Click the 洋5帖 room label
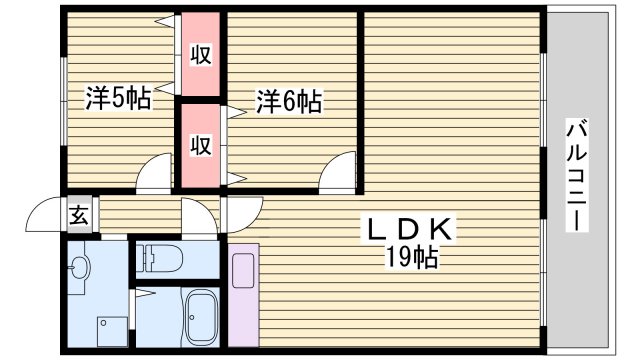tap(118, 98)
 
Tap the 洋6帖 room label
tap(288, 100)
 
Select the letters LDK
tap(410, 230)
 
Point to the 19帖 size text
tap(412, 258)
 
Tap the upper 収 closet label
tap(201, 56)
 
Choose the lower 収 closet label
tap(201, 146)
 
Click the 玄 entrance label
tap(78, 214)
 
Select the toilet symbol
tap(160, 258)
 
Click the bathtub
tap(204, 316)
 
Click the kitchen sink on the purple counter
tap(243, 271)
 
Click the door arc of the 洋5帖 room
tap(155, 174)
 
